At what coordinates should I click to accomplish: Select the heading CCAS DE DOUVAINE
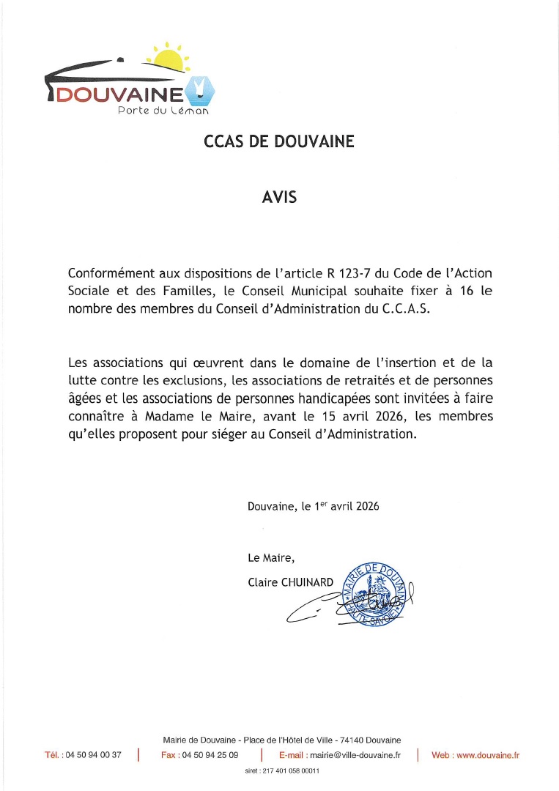(x=279, y=142)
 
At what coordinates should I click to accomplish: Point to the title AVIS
(x=279, y=196)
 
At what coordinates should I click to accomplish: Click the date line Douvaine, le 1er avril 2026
(x=314, y=506)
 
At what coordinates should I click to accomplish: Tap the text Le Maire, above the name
(x=271, y=558)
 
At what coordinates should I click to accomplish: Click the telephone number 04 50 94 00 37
(x=94, y=755)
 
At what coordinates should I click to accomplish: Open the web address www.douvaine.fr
(x=487, y=755)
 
